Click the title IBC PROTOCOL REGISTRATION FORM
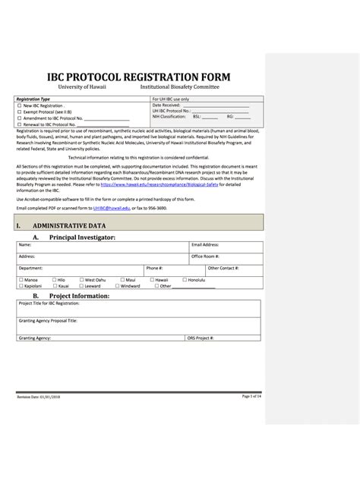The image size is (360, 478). pyautogui.click(x=138, y=77)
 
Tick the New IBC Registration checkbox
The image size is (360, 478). pyautogui.click(x=19, y=105)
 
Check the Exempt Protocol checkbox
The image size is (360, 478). pyautogui.click(x=19, y=111)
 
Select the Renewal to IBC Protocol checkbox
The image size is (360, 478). pyautogui.click(x=19, y=124)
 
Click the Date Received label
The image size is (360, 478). pyautogui.click(x=167, y=105)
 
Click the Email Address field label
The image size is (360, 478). pyautogui.click(x=205, y=245)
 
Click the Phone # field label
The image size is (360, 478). pyautogui.click(x=154, y=268)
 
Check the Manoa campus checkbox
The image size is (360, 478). pyautogui.click(x=19, y=280)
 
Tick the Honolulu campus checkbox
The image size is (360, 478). pyautogui.click(x=184, y=280)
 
